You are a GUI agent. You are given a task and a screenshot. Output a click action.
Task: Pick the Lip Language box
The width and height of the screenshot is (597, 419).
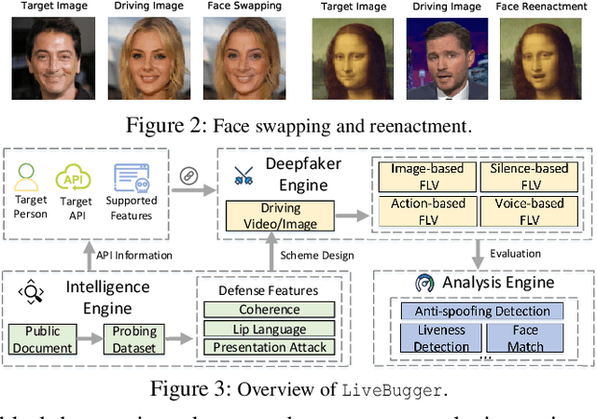click(270, 329)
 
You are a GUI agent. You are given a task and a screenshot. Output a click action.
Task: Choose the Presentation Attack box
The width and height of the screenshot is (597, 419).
click(270, 348)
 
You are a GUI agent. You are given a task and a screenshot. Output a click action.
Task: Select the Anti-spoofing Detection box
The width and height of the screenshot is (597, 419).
click(476, 311)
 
